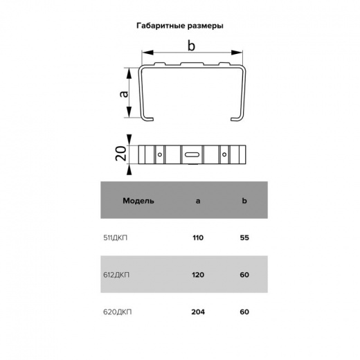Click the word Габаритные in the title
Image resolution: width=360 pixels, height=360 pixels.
(x=161, y=26)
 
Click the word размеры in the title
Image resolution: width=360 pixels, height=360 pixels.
(x=205, y=26)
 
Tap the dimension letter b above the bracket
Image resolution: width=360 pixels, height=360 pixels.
(x=191, y=46)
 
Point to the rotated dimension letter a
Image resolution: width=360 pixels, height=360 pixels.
(x=124, y=94)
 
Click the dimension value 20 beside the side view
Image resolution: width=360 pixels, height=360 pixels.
(x=121, y=154)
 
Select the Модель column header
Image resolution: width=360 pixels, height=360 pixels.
(x=138, y=201)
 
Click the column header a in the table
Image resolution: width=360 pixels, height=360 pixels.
(x=198, y=201)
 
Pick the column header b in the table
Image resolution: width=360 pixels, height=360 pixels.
(x=244, y=201)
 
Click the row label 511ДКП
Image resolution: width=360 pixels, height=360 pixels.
(x=115, y=237)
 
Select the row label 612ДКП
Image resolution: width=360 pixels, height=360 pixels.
(x=116, y=275)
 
